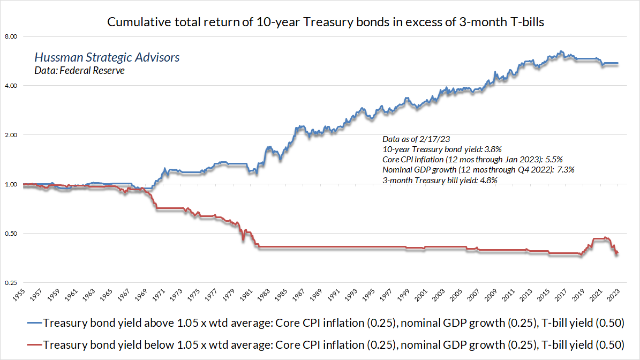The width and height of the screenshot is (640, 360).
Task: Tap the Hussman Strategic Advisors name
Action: [x=107, y=57]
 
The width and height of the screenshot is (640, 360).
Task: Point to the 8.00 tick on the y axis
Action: [x=11, y=36]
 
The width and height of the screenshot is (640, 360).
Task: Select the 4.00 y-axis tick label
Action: [x=11, y=86]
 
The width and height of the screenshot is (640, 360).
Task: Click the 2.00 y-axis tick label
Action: [x=11, y=135]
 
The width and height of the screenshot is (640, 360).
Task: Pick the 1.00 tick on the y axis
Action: [x=11, y=184]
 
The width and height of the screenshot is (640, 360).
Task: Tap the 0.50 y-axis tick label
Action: [x=11, y=234]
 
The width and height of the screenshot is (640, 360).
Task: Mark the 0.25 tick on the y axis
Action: [x=11, y=283]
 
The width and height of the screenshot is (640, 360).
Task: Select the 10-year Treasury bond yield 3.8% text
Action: [x=442, y=149]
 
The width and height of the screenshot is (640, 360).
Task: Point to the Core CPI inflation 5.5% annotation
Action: [x=472, y=159]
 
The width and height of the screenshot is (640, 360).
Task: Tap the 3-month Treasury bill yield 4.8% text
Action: [x=440, y=181]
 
